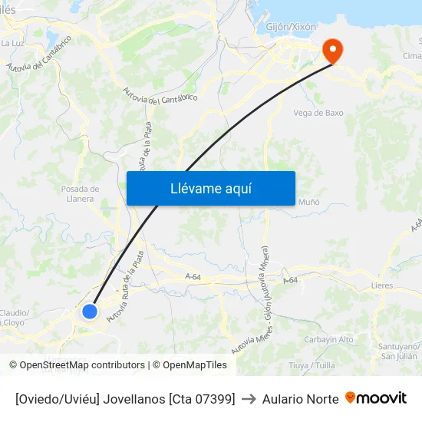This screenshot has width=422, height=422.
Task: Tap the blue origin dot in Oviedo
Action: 90,312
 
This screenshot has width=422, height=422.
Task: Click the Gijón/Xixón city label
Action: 291,26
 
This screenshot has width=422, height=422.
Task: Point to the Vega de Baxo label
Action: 318,113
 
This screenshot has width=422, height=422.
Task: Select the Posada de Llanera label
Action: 81,193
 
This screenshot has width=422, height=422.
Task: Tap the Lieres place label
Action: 382,285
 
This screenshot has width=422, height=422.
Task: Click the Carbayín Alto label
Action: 329,339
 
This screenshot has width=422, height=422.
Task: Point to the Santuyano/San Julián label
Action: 399,351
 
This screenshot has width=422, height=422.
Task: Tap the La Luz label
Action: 12,43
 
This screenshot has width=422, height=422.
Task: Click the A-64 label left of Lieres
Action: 290,282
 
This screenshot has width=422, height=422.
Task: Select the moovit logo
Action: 376,398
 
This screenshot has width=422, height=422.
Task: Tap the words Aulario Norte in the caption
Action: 300,399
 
